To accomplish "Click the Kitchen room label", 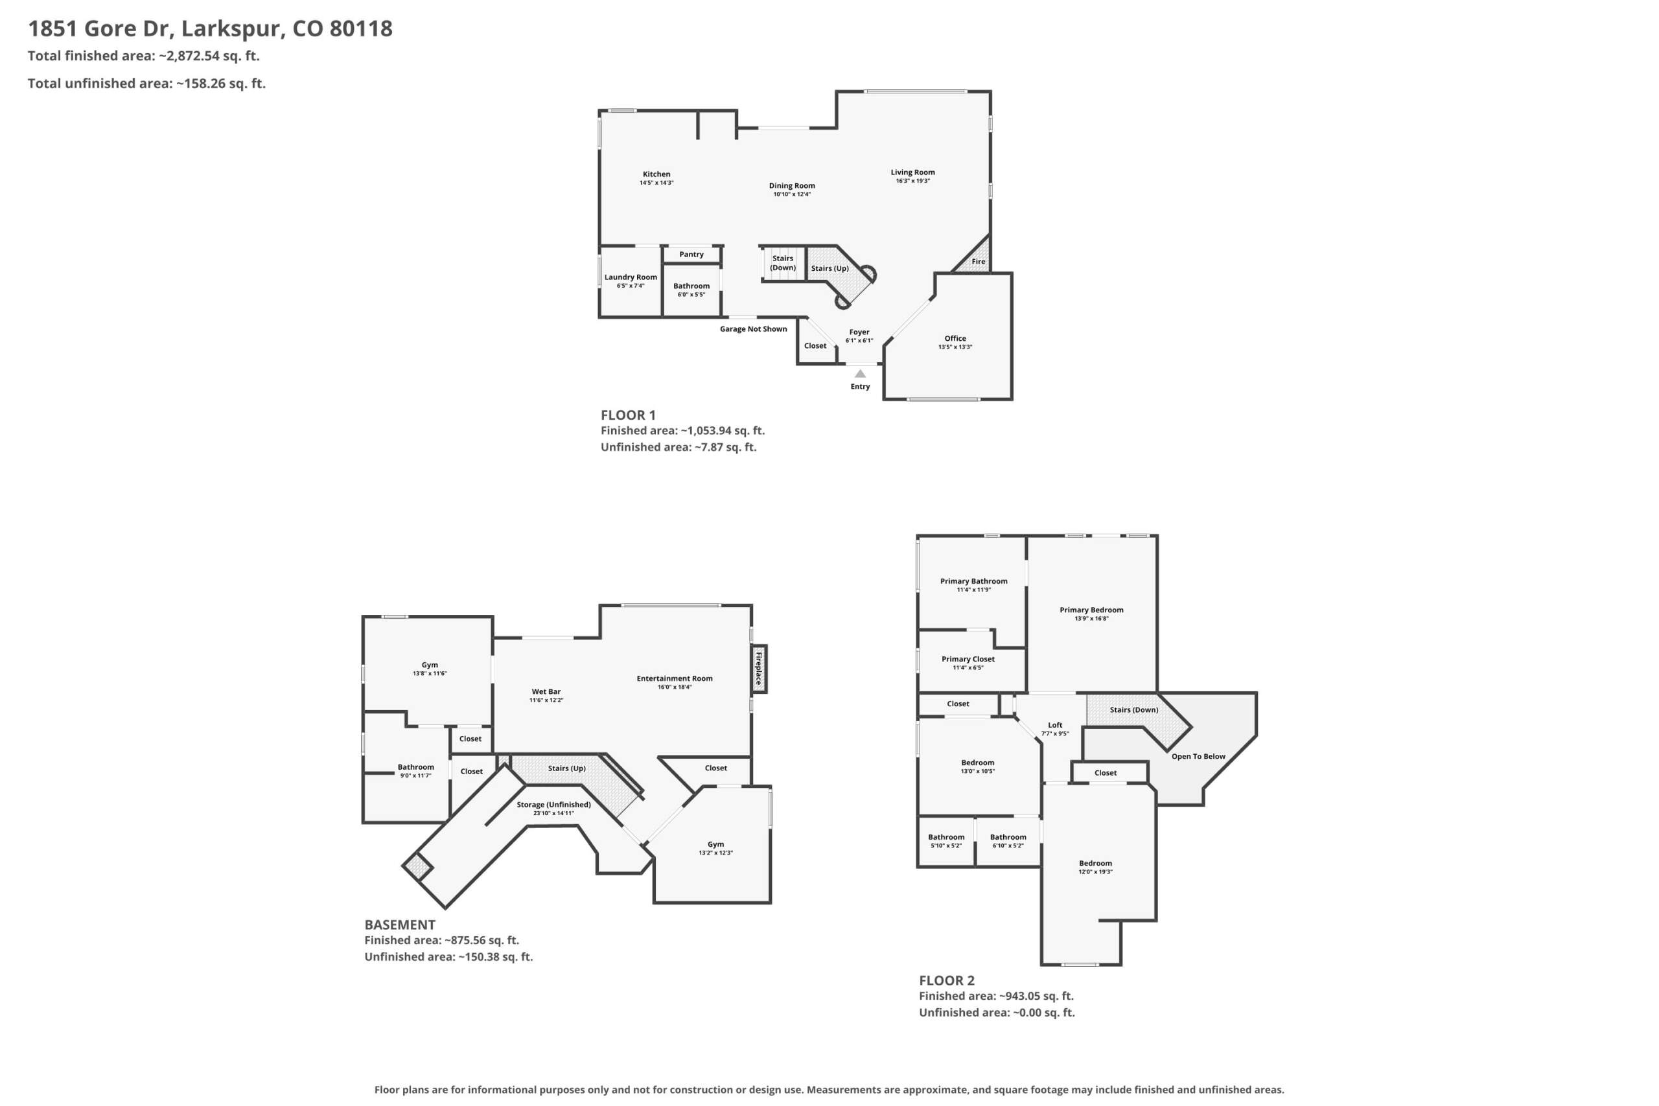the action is click(656, 174).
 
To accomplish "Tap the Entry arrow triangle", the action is click(860, 374).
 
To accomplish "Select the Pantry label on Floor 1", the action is click(691, 255).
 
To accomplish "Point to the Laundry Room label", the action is click(631, 277).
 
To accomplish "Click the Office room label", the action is click(955, 339).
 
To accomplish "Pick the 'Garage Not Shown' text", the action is click(753, 329).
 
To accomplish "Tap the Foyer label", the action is click(859, 332).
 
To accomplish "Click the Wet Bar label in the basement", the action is click(546, 692).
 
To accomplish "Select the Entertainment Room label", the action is click(675, 678).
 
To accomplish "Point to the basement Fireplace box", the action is click(759, 669).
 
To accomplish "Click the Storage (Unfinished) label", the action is click(553, 805).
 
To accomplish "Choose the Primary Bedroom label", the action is click(1091, 610).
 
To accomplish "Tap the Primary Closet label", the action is click(968, 660).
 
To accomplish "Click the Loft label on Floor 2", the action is click(1055, 725).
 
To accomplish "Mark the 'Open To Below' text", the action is click(1198, 757).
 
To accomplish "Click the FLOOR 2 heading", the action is click(947, 980).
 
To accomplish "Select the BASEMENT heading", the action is click(400, 925).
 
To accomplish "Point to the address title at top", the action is click(210, 29).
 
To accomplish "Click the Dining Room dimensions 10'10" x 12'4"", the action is click(792, 194).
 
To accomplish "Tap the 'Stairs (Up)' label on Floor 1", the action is click(829, 269).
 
